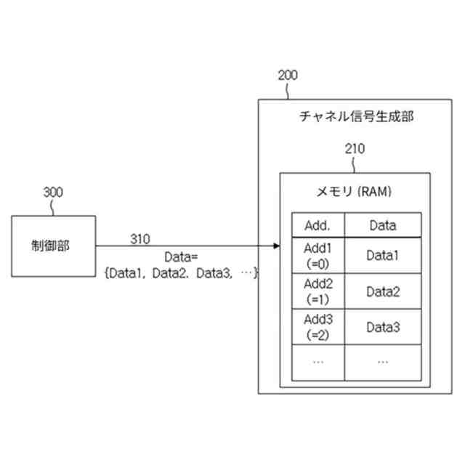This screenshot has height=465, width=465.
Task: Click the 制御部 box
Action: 53,246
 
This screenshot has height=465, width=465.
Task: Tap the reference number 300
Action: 53,193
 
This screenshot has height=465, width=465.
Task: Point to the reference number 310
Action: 140,238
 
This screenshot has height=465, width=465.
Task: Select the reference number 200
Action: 287,76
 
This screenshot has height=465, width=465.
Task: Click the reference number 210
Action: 355,149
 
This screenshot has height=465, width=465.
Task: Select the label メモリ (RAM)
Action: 355,192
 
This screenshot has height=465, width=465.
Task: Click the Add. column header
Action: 318,225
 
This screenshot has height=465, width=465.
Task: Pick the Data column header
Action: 382,225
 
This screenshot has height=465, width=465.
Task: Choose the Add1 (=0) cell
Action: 318,255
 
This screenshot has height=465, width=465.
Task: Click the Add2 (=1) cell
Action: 318,291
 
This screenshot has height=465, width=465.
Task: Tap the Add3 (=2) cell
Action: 318,327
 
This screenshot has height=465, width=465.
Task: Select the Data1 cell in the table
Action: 382,255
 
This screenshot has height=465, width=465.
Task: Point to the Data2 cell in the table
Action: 382,291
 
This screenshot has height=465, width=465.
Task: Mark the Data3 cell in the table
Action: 382,327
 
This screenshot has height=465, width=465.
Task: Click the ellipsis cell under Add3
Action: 318,362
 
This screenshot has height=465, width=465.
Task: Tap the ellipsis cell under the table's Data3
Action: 382,362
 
